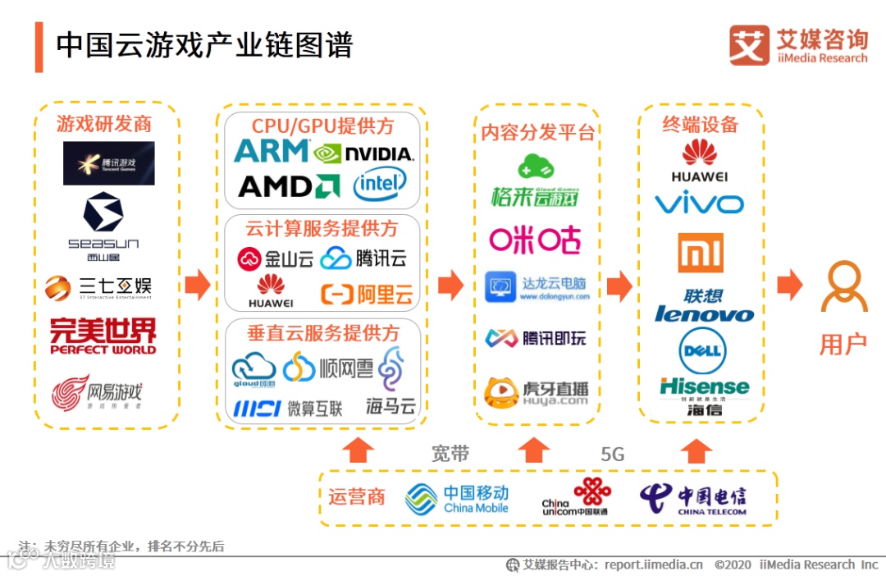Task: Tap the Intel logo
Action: [380, 185]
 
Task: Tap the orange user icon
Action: [844, 287]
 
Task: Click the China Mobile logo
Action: [457, 499]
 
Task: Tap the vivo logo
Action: [699, 203]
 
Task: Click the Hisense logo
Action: [704, 387]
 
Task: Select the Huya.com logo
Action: [537, 393]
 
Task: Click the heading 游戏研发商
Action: [104, 124]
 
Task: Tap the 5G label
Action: [612, 455]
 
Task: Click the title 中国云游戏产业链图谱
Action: [204, 46]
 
